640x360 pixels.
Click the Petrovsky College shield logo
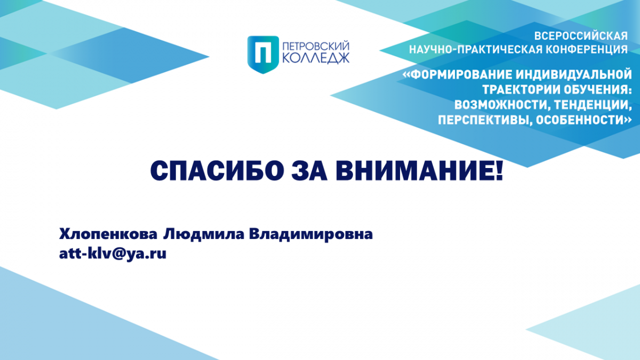pyautogui.click(x=263, y=54)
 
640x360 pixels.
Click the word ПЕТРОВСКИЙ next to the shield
pyautogui.click(x=316, y=46)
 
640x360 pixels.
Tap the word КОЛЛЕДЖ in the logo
pyautogui.click(x=316, y=58)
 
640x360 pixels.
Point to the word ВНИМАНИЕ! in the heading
pyautogui.click(x=419, y=171)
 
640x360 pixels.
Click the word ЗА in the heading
pyautogui.click(x=309, y=171)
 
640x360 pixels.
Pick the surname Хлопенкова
pyautogui.click(x=108, y=234)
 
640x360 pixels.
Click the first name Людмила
pyautogui.click(x=204, y=234)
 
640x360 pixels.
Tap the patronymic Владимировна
pyautogui.click(x=311, y=234)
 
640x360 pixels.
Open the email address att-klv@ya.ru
pyautogui.click(x=113, y=254)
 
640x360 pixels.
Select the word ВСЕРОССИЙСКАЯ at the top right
pyautogui.click(x=581, y=36)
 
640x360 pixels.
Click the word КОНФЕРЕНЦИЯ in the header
pyautogui.click(x=587, y=50)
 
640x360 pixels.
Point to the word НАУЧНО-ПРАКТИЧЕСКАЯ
pyautogui.click(x=476, y=50)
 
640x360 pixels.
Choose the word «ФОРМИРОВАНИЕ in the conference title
pyautogui.click(x=457, y=74)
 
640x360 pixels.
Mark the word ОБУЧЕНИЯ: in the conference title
pyautogui.click(x=598, y=90)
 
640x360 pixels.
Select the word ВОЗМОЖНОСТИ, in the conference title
pyautogui.click(x=502, y=105)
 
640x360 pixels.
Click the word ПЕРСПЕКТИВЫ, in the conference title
pyautogui.click(x=485, y=120)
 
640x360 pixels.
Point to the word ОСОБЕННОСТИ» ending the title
pyautogui.click(x=583, y=120)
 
